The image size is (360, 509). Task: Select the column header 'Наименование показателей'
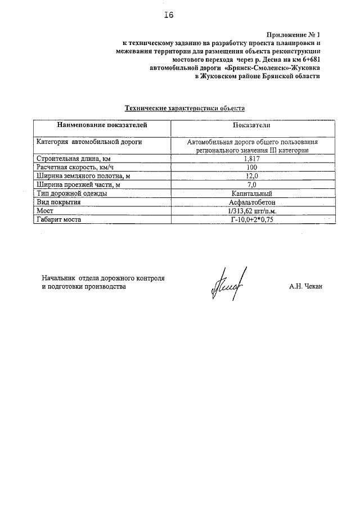pyautogui.click(x=93, y=124)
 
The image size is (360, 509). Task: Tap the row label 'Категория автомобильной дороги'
pyautogui.click(x=89, y=142)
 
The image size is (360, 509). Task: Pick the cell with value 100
pyautogui.click(x=251, y=168)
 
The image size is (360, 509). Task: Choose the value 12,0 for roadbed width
pyautogui.click(x=251, y=176)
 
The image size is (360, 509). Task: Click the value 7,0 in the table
pyautogui.click(x=251, y=184)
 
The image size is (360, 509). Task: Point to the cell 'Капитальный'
pyautogui.click(x=251, y=193)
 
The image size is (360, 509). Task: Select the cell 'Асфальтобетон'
pyautogui.click(x=251, y=201)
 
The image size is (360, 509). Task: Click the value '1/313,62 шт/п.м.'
pyautogui.click(x=251, y=210)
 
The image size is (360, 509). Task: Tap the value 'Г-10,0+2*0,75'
pyautogui.click(x=251, y=219)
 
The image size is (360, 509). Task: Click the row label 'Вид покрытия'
pyautogui.click(x=58, y=201)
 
